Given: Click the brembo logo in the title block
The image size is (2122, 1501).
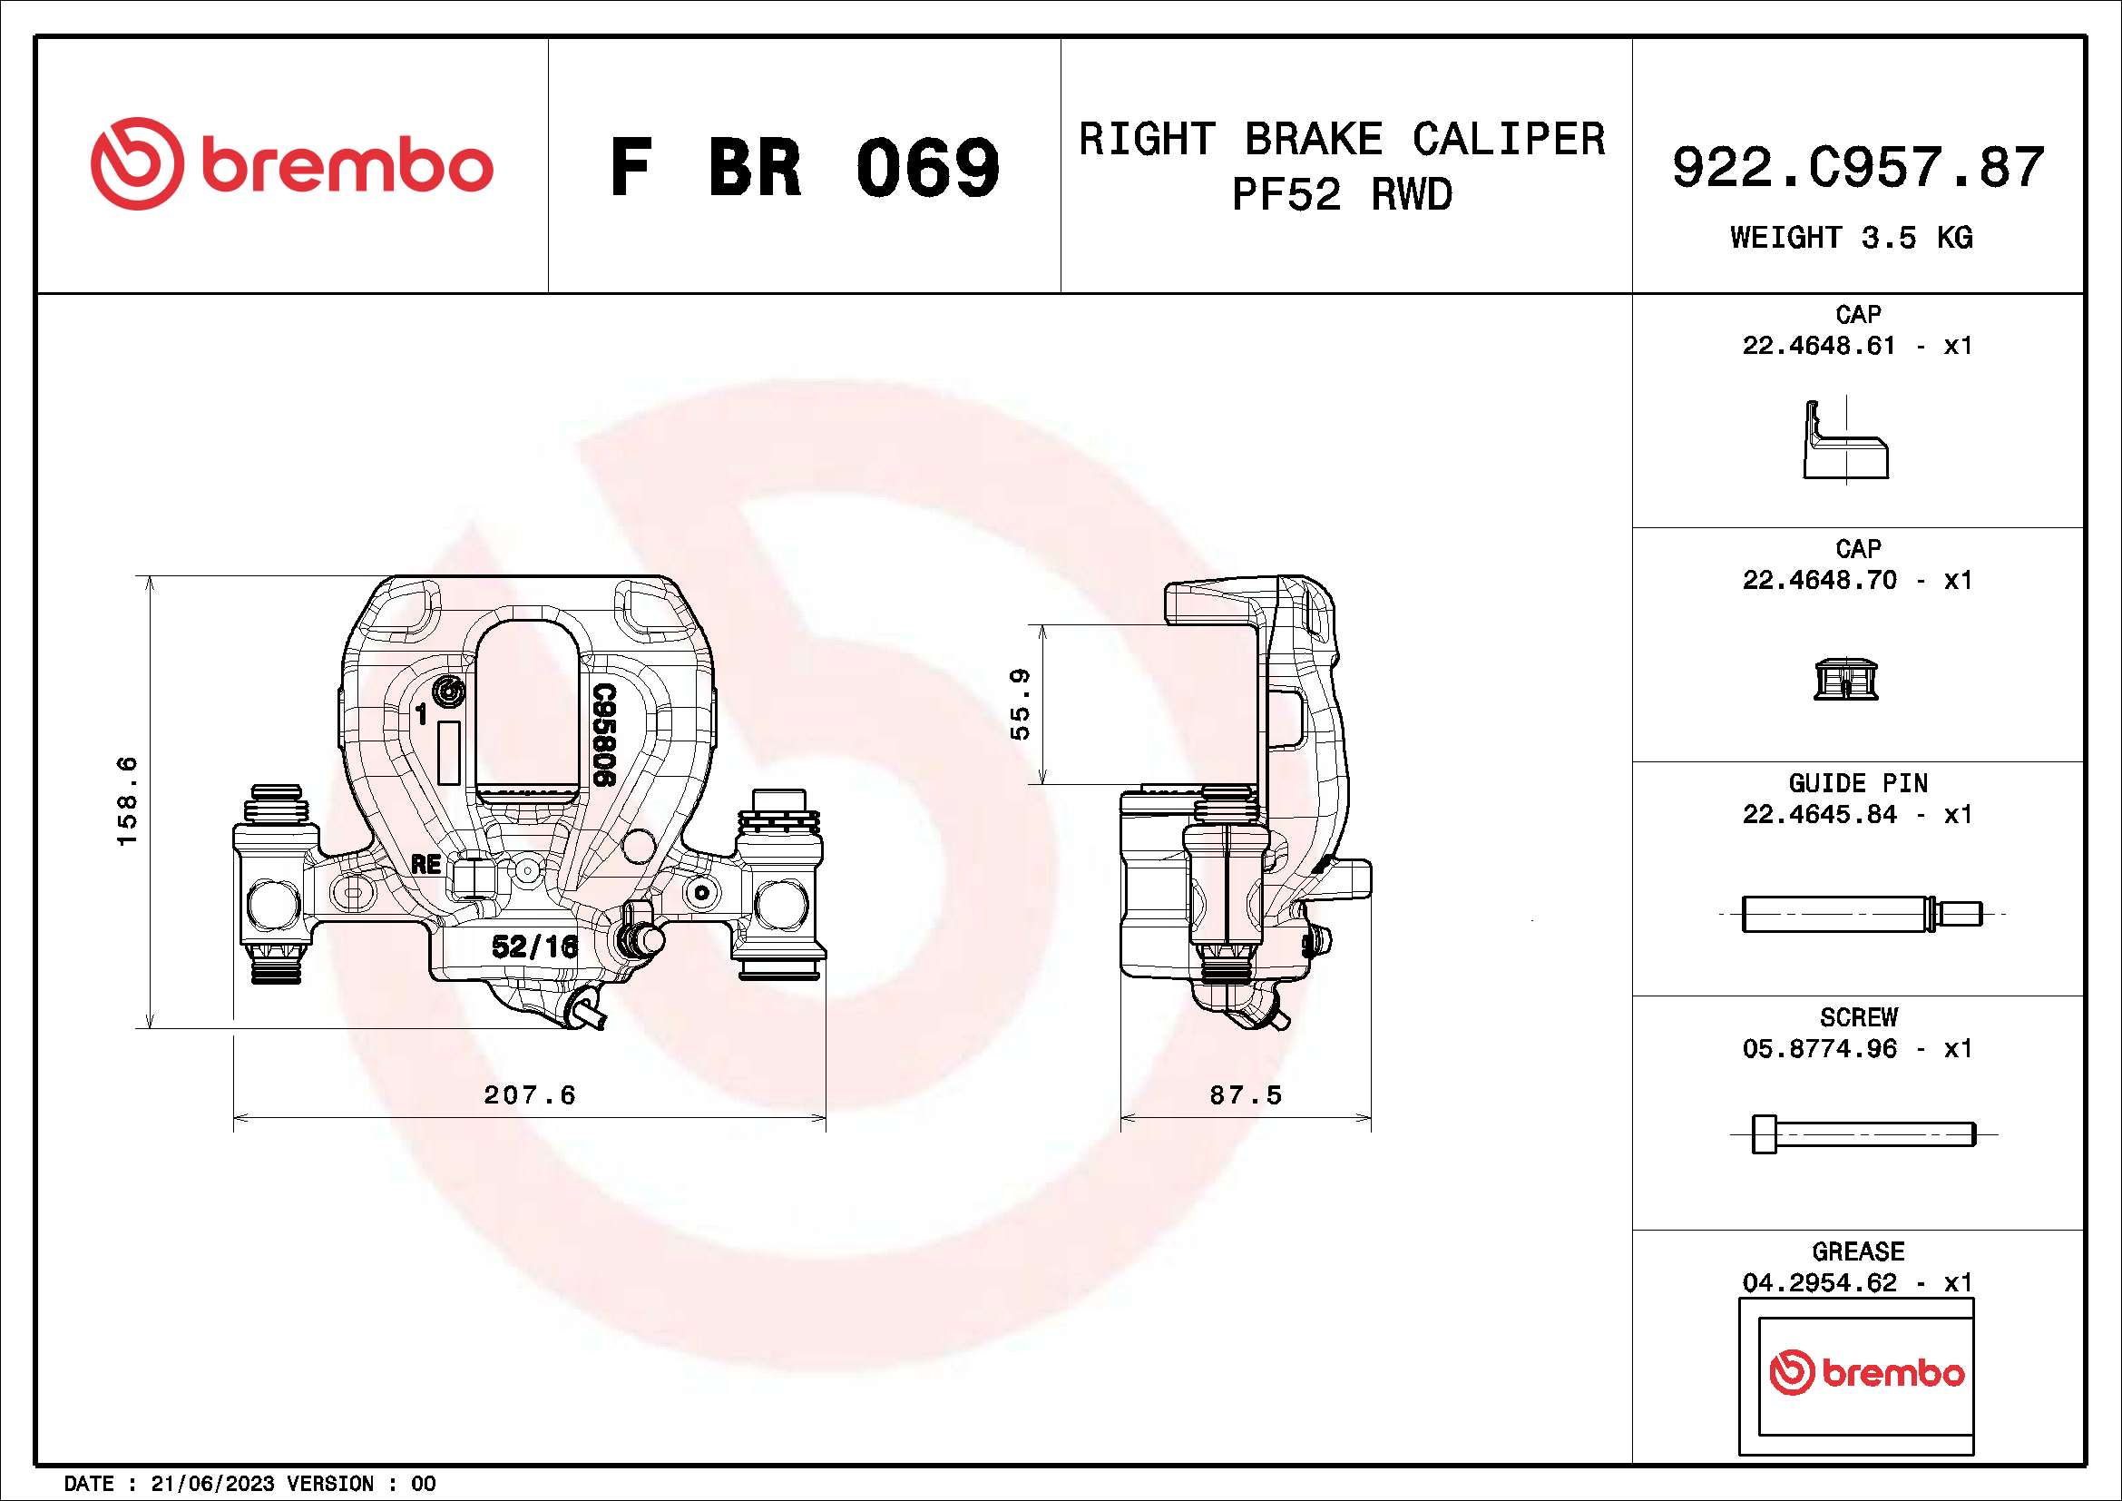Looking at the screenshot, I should [x=291, y=164].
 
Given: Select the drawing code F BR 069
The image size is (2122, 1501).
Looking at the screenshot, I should [x=804, y=168].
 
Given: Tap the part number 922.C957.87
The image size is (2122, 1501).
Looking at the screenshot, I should [x=1858, y=168].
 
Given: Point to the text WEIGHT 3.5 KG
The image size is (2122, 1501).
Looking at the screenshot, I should [x=1852, y=238].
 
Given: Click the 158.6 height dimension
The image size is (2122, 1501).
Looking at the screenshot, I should [x=127, y=800].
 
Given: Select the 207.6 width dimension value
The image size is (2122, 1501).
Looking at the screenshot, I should [x=530, y=1095].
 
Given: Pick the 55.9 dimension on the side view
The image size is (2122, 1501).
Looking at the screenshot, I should [x=1021, y=704].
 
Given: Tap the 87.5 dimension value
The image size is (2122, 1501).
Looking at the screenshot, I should [x=1246, y=1095].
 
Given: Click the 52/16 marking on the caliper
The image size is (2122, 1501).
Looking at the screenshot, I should [x=534, y=946].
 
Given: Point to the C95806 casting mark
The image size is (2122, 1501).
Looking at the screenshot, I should [x=603, y=735].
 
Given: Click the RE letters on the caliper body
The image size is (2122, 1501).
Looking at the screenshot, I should [x=426, y=864].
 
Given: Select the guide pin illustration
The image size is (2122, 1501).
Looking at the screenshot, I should [x=1861, y=914].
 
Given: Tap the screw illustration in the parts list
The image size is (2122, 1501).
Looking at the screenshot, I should [x=1863, y=1134].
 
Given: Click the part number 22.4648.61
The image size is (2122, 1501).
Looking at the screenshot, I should [x=1818, y=346].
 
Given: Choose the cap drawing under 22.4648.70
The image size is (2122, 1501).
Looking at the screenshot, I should [x=1845, y=680].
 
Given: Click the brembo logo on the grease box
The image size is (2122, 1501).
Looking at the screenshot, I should [x=1865, y=1373].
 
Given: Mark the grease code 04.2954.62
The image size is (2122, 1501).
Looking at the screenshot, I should [x=1818, y=1283].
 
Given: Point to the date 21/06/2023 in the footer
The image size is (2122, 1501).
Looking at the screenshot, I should [x=211, y=1484].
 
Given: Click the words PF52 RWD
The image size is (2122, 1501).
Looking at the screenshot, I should [x=1341, y=195].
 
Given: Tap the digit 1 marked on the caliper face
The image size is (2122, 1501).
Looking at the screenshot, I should [x=422, y=714].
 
